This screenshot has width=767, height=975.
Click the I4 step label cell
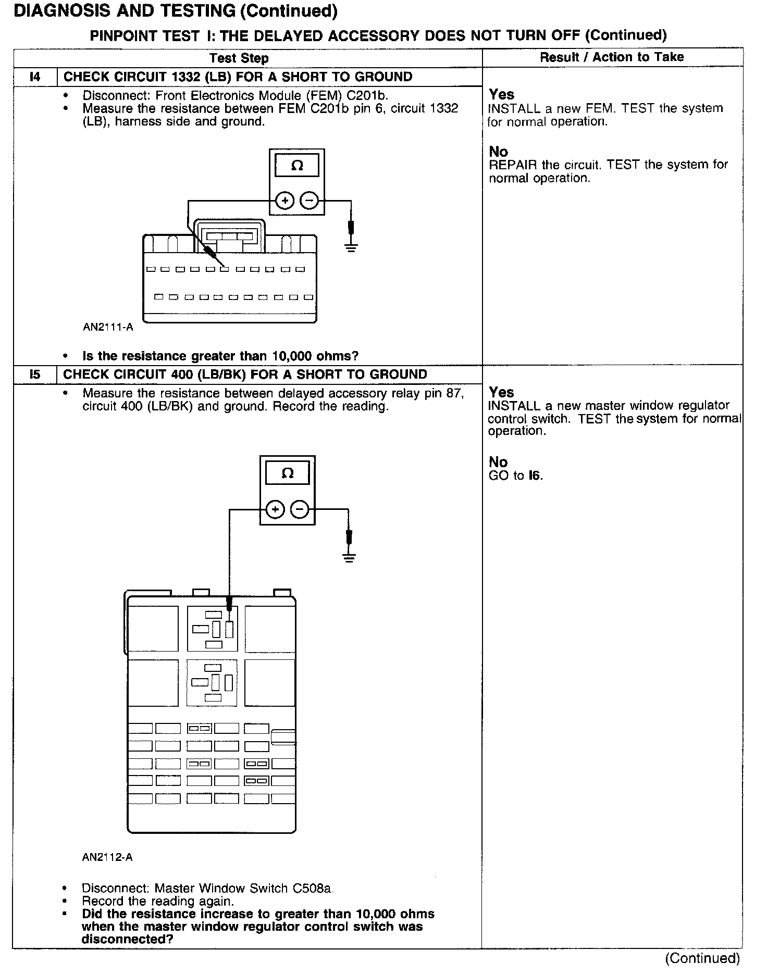(x=34, y=77)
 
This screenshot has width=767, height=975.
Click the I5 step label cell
(x=34, y=374)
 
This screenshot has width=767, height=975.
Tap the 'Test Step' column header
(x=239, y=58)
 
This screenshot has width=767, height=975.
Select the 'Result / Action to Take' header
(x=612, y=57)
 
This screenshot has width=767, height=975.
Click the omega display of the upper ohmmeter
(x=296, y=166)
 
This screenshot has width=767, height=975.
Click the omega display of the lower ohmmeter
(x=287, y=473)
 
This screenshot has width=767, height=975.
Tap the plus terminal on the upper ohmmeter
(x=284, y=201)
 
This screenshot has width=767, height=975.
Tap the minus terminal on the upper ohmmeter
(x=310, y=201)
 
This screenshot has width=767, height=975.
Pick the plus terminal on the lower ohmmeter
(x=275, y=509)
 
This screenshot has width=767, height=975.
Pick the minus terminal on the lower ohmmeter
(x=300, y=509)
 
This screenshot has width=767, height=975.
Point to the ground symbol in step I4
(x=351, y=246)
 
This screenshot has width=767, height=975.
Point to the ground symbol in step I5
(x=349, y=558)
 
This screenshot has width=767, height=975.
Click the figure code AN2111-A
(x=108, y=327)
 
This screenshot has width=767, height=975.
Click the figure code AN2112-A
(x=107, y=857)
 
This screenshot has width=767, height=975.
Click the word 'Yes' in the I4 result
(x=501, y=95)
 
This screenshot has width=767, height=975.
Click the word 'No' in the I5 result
(x=498, y=462)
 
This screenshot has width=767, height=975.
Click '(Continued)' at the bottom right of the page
(x=702, y=958)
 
